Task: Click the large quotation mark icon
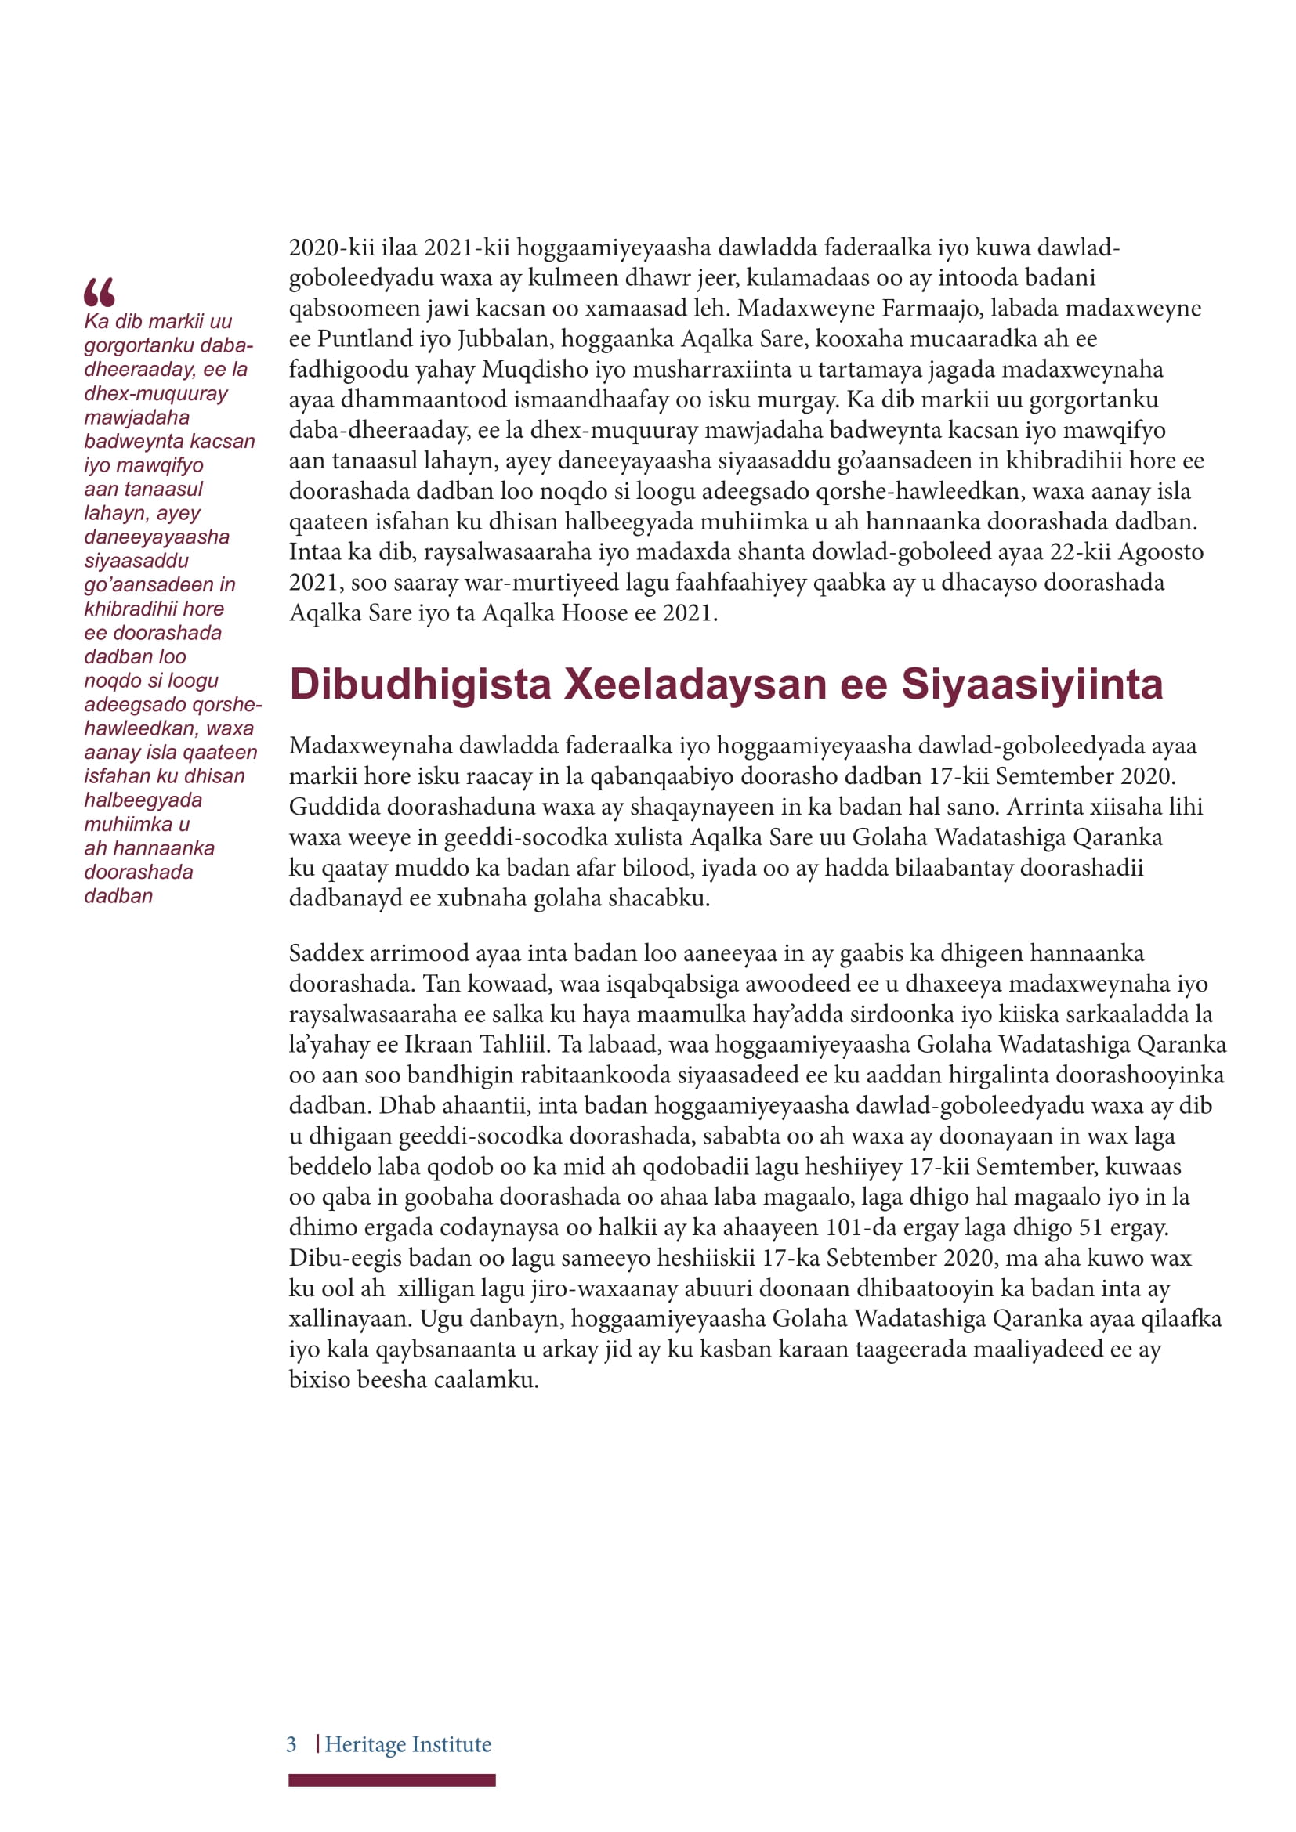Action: tap(100, 292)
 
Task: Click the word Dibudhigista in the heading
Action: tap(420, 685)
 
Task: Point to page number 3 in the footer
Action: tap(292, 1744)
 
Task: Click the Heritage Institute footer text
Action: tap(407, 1744)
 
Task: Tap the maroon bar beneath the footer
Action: tap(392, 1780)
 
